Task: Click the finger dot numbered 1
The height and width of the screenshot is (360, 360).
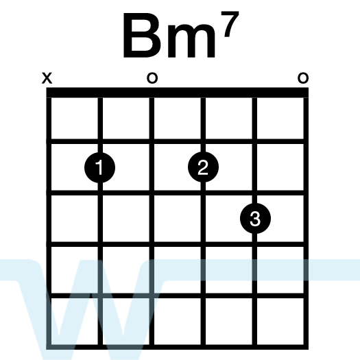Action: coord(100,167)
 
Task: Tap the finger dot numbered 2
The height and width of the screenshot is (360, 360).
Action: coord(203,167)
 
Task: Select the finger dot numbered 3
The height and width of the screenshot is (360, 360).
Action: coord(255,218)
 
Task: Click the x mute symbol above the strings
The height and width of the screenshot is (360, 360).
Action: coord(47,78)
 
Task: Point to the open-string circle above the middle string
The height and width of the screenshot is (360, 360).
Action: coord(152,78)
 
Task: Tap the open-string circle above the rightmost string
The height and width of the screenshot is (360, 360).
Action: coord(303,78)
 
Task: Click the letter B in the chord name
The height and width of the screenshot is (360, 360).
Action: coord(141,35)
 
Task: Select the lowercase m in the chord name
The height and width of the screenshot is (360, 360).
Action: coord(192,40)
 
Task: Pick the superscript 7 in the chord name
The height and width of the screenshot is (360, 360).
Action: coord(230,24)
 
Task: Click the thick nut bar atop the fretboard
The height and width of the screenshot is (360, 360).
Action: coord(177,93)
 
